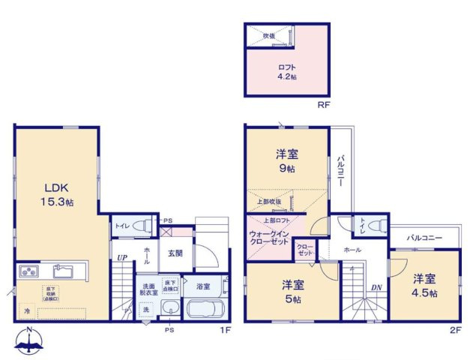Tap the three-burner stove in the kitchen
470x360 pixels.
[27, 270]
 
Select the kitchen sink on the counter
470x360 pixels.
[61, 270]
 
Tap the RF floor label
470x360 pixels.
[324, 106]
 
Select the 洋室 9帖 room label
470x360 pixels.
[287, 162]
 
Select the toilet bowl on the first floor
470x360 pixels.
[145, 225]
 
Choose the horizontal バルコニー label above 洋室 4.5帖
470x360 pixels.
[424, 238]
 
